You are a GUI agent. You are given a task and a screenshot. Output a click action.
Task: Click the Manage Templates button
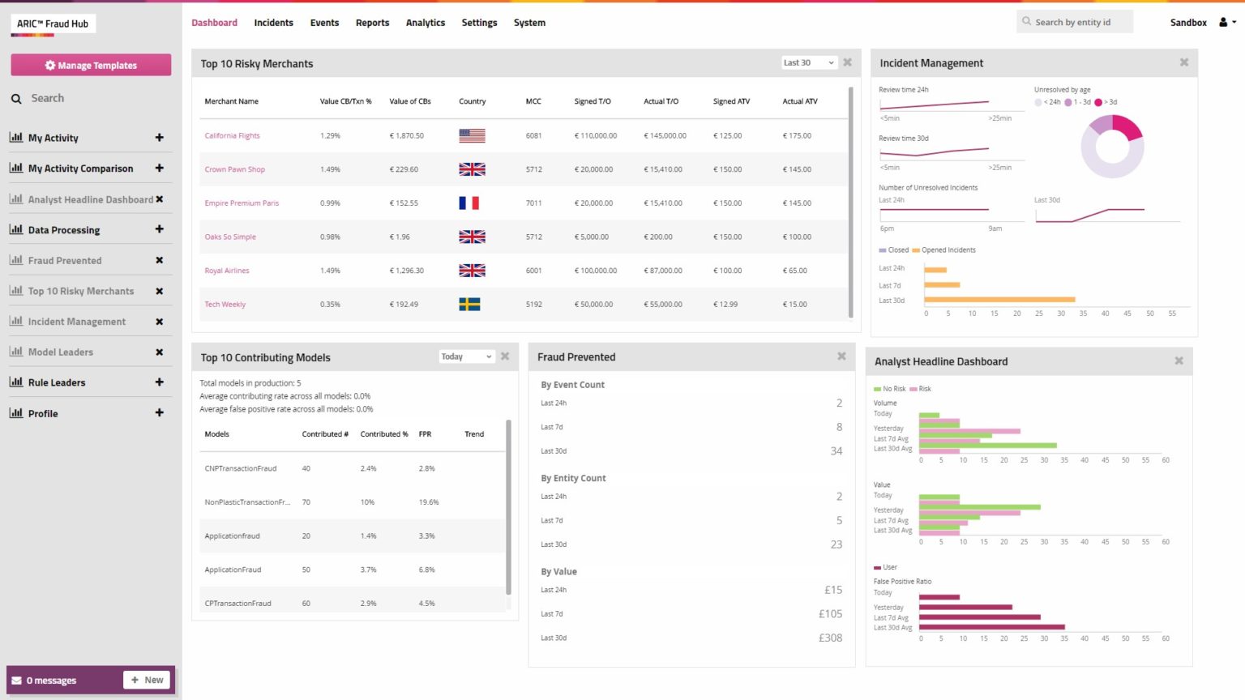pyautogui.click(x=91, y=65)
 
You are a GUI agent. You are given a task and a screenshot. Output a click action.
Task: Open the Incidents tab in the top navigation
pyautogui.click(x=273, y=23)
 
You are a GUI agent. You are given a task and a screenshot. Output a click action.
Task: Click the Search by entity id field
pyautogui.click(x=1074, y=22)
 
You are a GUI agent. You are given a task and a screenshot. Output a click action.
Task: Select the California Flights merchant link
pyautogui.click(x=232, y=136)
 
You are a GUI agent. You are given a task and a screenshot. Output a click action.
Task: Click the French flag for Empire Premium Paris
pyautogui.click(x=469, y=203)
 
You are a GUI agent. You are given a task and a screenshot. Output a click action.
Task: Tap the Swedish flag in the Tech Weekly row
pyautogui.click(x=469, y=305)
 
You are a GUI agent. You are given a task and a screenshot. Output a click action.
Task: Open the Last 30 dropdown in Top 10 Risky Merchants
pyautogui.click(x=808, y=62)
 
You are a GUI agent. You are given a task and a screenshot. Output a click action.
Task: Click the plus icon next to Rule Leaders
pyautogui.click(x=159, y=382)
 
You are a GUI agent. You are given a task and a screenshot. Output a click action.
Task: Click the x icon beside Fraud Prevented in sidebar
pyautogui.click(x=159, y=261)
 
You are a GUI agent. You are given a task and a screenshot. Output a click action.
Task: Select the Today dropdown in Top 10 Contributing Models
pyautogui.click(x=466, y=356)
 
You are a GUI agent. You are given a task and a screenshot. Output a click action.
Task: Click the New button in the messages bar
pyautogui.click(x=147, y=680)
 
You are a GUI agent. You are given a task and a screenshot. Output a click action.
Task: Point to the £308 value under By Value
pyautogui.click(x=830, y=638)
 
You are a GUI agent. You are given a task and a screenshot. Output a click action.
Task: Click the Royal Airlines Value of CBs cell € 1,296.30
pyautogui.click(x=407, y=271)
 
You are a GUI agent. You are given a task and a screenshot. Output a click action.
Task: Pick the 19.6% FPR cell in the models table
pyautogui.click(x=429, y=502)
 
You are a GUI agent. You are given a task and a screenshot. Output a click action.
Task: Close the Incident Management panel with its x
pyautogui.click(x=1183, y=62)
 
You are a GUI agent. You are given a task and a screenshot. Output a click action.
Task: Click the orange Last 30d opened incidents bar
pyautogui.click(x=999, y=300)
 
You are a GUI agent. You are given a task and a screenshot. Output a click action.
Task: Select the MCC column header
pyautogui.click(x=533, y=101)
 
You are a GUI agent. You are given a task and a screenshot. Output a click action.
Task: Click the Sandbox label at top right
pyautogui.click(x=1188, y=23)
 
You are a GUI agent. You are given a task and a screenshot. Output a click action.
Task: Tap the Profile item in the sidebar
pyautogui.click(x=43, y=413)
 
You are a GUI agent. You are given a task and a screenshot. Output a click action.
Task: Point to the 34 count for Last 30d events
pyautogui.click(x=836, y=451)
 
